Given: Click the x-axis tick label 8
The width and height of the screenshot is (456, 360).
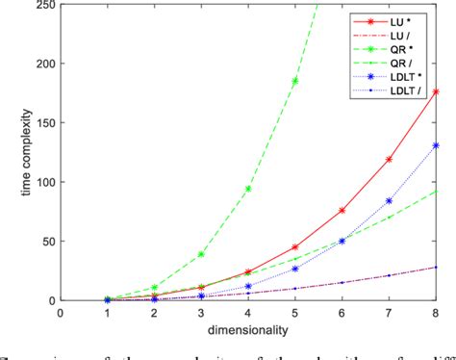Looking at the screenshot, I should click(437, 311).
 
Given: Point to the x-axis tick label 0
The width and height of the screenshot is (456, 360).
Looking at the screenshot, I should click(60, 311).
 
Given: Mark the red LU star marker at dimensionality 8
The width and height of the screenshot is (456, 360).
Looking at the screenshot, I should click(437, 92).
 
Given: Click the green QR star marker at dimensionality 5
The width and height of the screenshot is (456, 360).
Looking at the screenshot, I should click(294, 81).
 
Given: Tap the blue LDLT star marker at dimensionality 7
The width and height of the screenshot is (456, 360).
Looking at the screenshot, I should click(389, 201).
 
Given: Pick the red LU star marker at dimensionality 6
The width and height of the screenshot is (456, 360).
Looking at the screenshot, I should click(342, 210).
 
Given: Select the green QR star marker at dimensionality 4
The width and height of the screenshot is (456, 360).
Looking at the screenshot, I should click(248, 189).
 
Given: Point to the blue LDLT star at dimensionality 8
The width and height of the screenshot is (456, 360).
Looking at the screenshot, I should click(437, 145).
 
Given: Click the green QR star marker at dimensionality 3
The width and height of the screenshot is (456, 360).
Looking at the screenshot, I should click(201, 254).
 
